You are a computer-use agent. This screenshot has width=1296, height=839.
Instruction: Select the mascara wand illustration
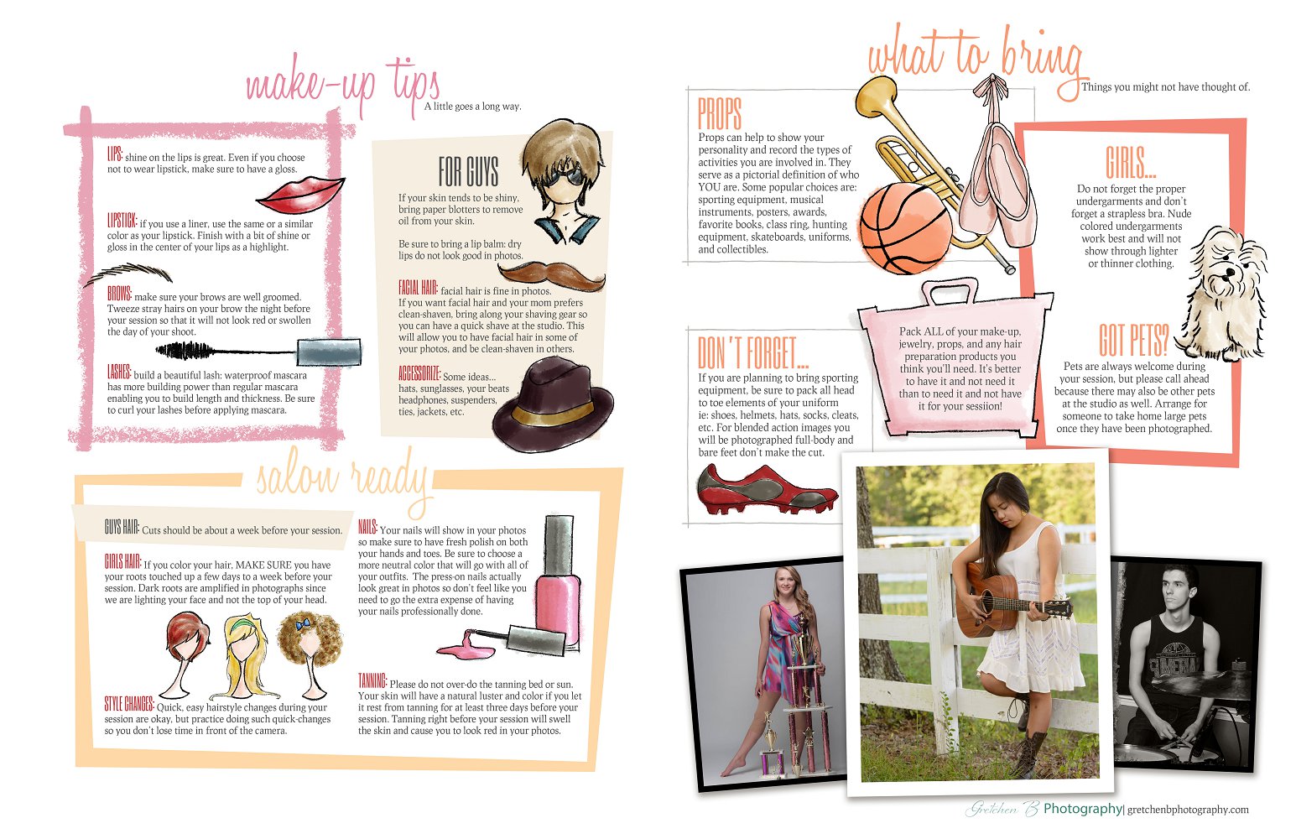click(x=258, y=351)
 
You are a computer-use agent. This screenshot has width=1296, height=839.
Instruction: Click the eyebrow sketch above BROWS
click(x=128, y=274)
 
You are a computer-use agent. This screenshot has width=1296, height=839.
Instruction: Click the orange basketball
click(x=905, y=227)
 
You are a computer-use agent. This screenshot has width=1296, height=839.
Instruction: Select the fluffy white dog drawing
click(x=1223, y=294)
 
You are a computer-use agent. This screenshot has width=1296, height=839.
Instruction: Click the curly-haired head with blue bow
click(x=310, y=653)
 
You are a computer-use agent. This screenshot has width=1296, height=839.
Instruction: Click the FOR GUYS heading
click(x=468, y=171)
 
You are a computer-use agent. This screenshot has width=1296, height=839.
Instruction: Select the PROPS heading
click(x=719, y=113)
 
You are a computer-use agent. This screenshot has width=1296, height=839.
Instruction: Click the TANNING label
click(x=372, y=681)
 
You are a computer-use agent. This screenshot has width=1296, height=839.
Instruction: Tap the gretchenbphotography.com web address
click(x=1188, y=810)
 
